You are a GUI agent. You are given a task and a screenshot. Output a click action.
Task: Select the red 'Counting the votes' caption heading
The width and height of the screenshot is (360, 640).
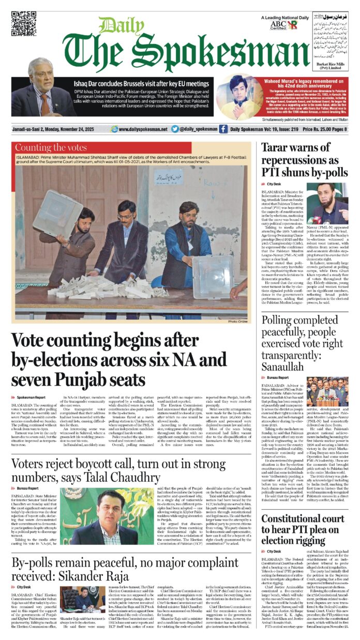tap(51, 148)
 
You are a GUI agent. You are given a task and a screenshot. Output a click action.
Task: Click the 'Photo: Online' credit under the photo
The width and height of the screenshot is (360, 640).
tap(239, 322)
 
